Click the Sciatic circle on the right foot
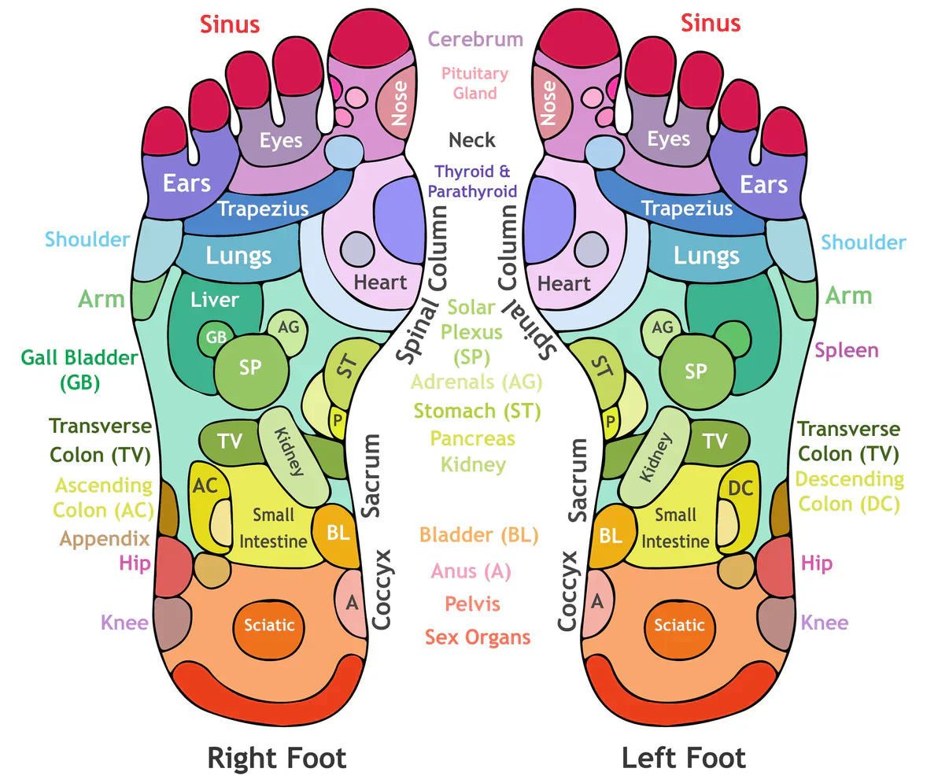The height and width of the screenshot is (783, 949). coord(268,626)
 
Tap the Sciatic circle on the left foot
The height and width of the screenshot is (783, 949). coord(679,626)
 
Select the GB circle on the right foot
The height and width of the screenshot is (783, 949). coord(216,338)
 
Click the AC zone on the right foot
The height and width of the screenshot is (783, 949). coord(204,488)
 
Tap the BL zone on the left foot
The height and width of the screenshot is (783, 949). coord(611,536)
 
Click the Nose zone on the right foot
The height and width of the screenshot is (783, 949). coord(398,103)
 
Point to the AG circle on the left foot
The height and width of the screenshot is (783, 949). coord(663,327)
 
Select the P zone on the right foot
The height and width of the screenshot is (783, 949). coord(337,421)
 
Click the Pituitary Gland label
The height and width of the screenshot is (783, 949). coord(474,83)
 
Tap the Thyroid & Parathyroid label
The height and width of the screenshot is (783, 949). coord(472,181)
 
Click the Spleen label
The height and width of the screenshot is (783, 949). coord(846,350)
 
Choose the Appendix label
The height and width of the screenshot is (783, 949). coord(105,539)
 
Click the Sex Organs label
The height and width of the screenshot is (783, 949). coord(478,637)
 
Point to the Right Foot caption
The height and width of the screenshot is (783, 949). coord(276,758)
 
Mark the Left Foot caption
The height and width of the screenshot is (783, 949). coord(683,758)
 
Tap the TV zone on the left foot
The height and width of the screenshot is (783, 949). coord(715,441)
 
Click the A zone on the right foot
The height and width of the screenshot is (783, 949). coord(352,604)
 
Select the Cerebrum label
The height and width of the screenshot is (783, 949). coord(475,39)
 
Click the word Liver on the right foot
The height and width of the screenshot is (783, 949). coord(214,300)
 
